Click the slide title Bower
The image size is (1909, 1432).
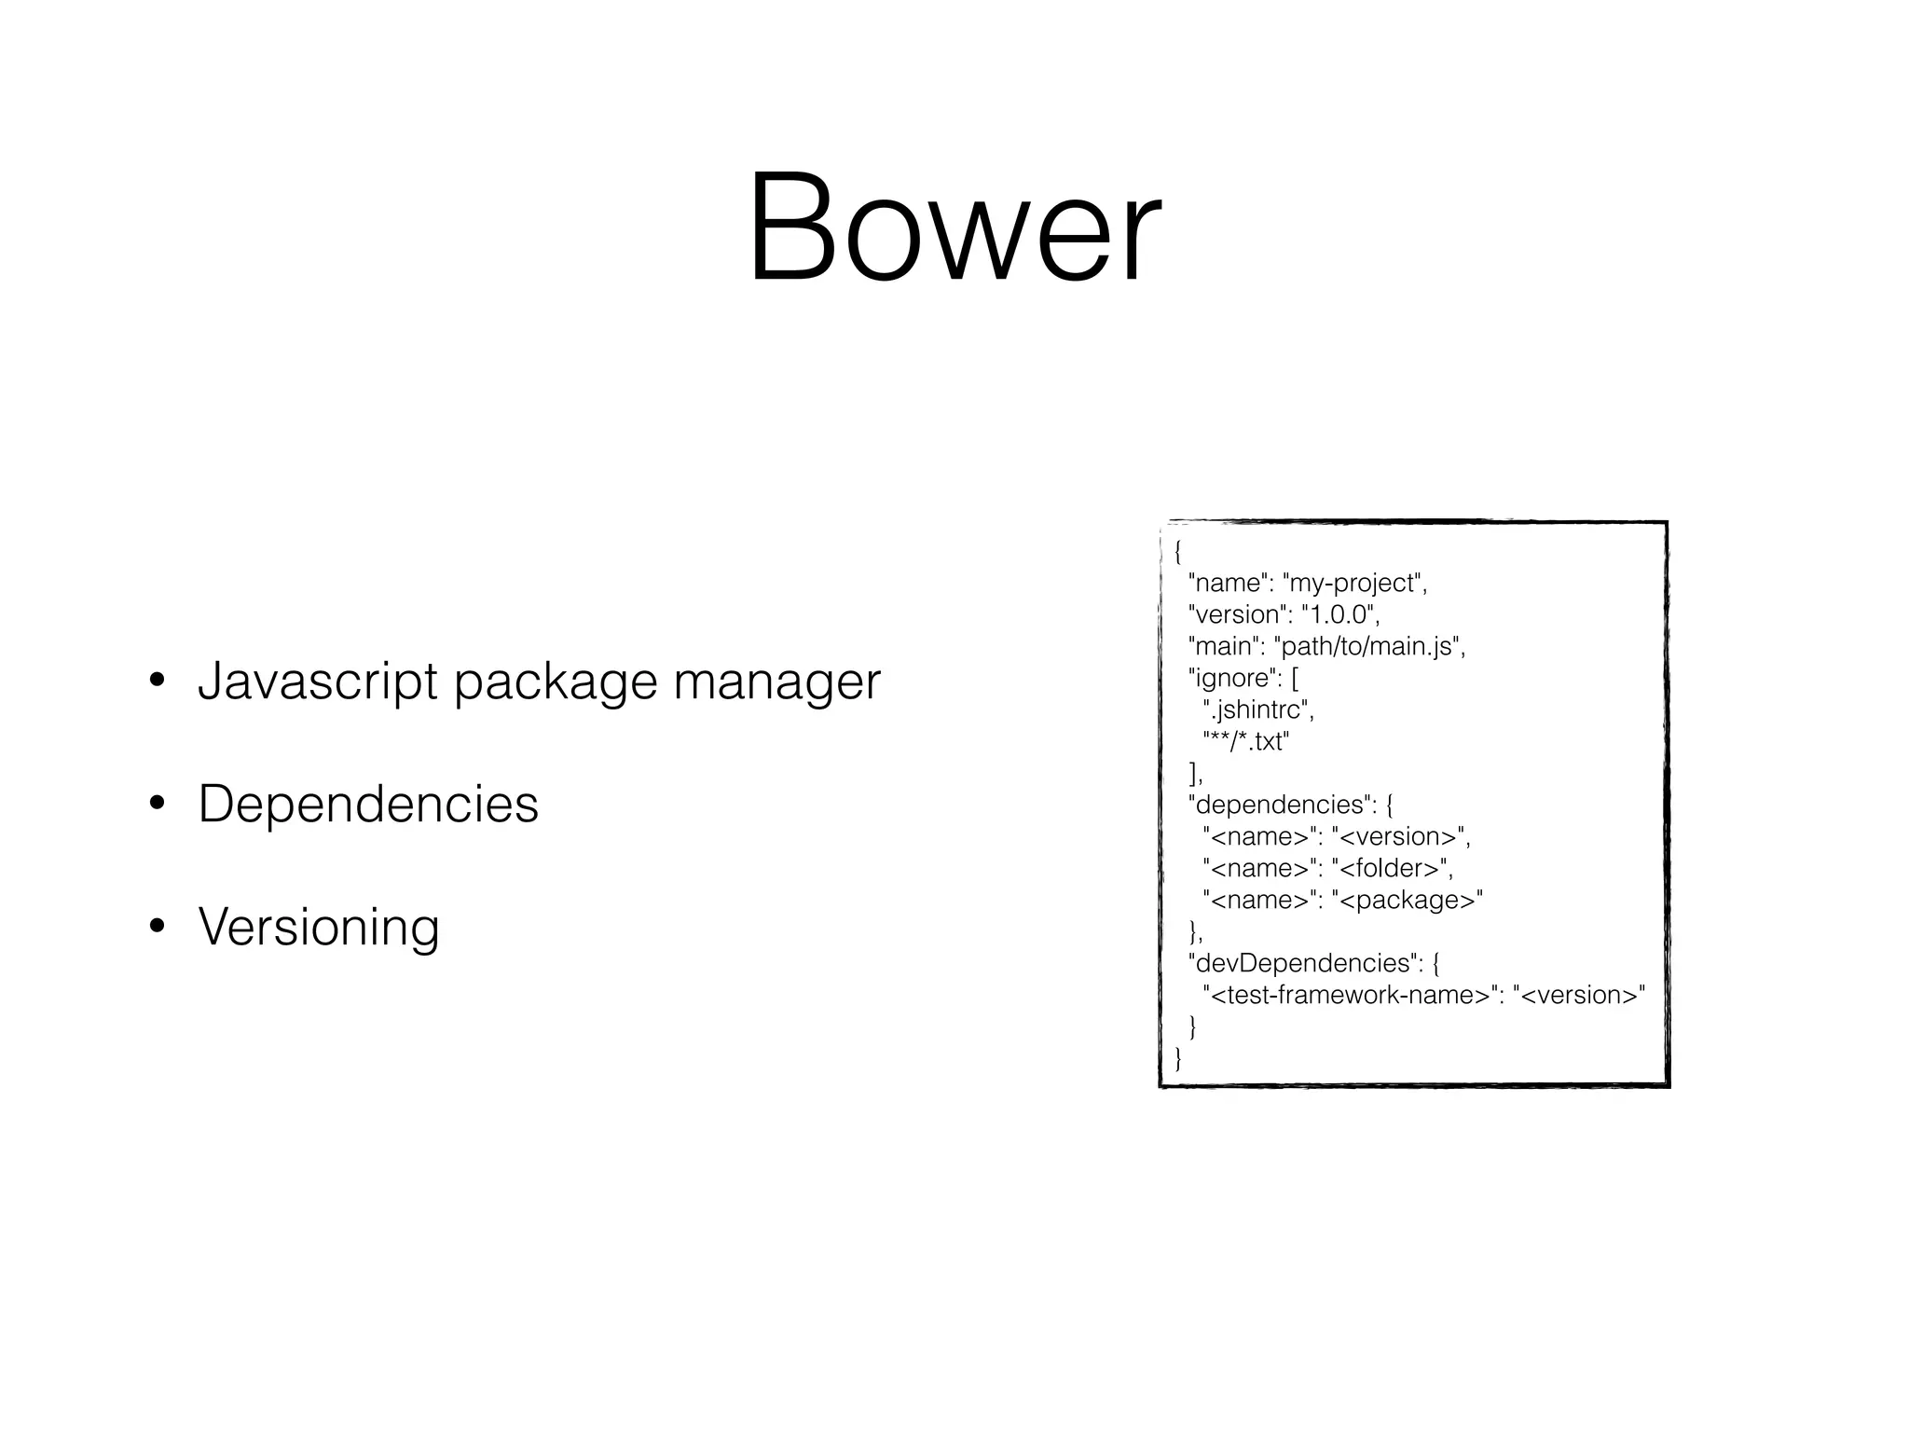[x=954, y=228]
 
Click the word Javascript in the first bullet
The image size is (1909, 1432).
[x=318, y=682]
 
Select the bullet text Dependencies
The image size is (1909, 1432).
[x=368, y=804]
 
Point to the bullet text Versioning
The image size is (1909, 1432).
[x=319, y=927]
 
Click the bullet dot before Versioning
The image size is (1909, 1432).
[x=158, y=928]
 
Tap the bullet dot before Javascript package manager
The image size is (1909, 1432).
[x=158, y=682]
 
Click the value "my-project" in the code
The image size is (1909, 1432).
[x=1353, y=584]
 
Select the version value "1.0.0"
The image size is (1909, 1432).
[x=1338, y=615]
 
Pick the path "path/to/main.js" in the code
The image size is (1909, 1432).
[x=1367, y=647]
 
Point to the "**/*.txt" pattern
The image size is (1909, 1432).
[x=1246, y=742]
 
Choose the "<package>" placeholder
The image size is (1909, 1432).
[x=1407, y=901]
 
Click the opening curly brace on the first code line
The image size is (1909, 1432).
[x=1178, y=552]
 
